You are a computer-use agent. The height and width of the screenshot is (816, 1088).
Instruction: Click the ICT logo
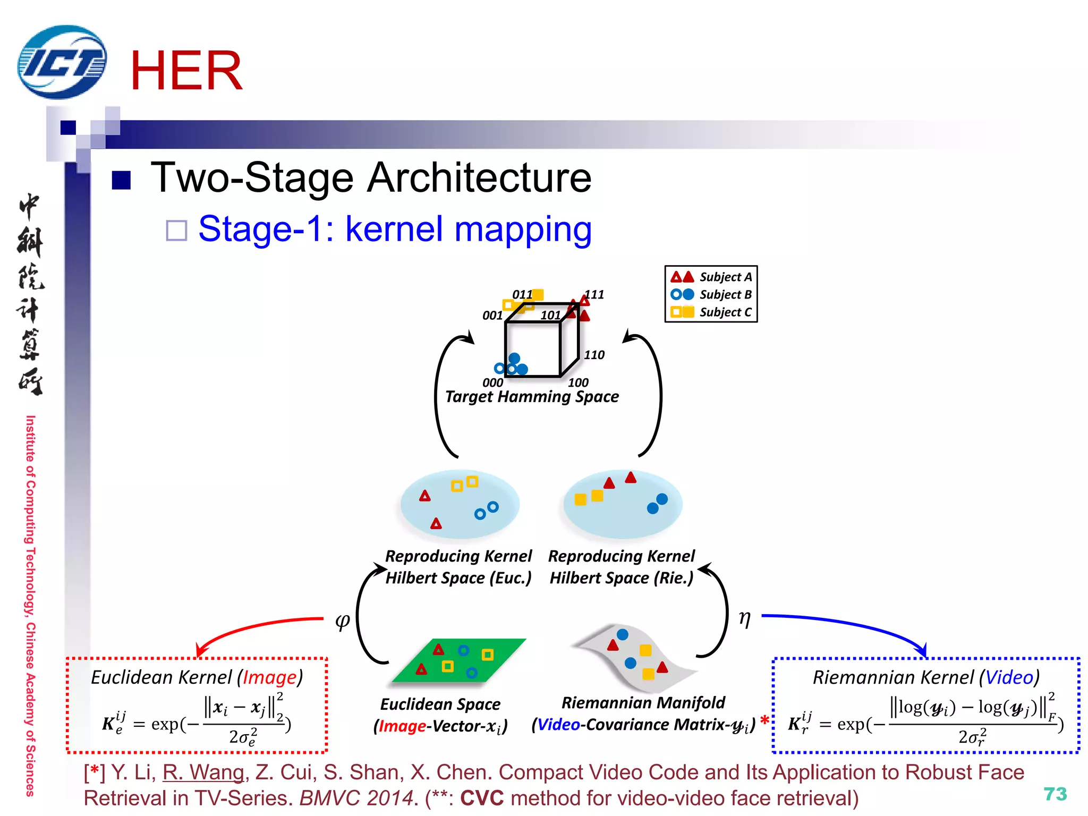[x=62, y=62]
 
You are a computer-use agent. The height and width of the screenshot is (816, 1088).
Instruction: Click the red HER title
[x=186, y=71]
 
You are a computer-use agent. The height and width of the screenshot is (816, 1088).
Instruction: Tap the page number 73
[x=1055, y=794]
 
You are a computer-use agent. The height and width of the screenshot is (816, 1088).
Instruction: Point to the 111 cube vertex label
[x=594, y=294]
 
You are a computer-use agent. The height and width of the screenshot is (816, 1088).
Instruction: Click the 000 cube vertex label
[x=492, y=382]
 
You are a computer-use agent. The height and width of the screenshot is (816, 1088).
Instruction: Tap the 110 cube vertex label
[x=594, y=355]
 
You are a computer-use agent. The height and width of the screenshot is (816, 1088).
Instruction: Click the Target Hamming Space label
[x=532, y=397]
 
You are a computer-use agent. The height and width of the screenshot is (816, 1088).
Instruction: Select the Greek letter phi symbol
[x=343, y=620]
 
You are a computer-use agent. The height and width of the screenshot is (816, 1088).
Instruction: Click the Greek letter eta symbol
[x=745, y=618]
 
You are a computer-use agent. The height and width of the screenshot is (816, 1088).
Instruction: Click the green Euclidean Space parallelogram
[x=459, y=660]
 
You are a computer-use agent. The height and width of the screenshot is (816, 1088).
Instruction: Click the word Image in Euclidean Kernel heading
[x=270, y=677]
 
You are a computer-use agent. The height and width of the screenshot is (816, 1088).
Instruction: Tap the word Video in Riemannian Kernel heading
[x=1009, y=677]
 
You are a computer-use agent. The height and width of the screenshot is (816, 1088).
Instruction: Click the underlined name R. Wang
[x=203, y=772]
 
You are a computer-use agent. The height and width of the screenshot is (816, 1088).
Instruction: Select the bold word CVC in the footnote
[x=481, y=798]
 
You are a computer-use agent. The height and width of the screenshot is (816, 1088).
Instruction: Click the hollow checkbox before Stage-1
[x=176, y=231]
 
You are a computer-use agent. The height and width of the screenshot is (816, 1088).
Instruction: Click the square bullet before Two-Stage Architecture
[x=122, y=180]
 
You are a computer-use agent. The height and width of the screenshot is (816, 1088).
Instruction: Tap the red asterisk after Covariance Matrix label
[x=764, y=720]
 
